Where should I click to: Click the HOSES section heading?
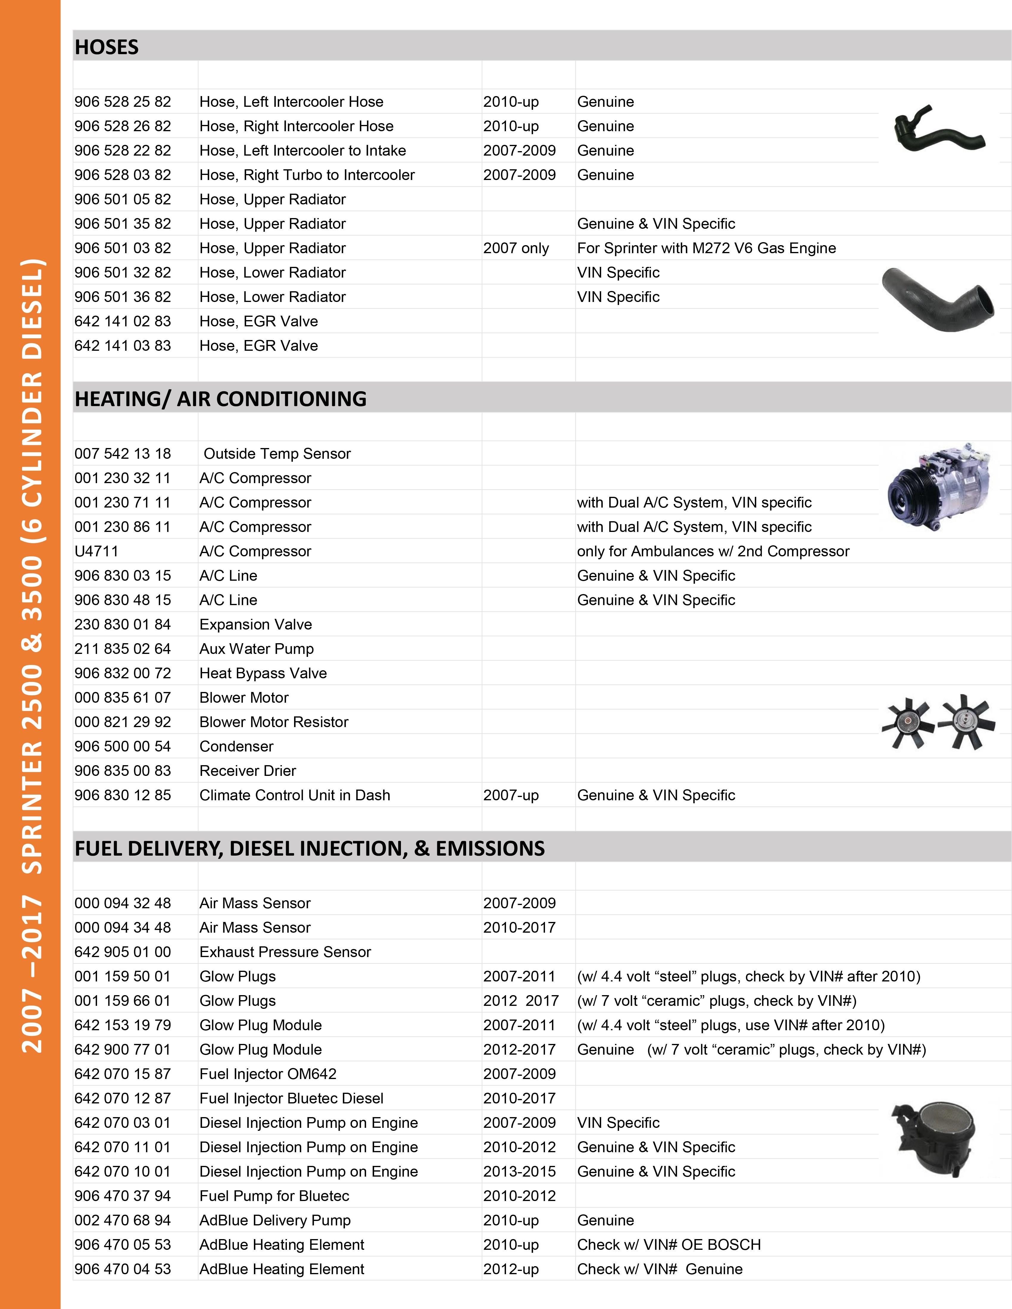pyautogui.click(x=107, y=47)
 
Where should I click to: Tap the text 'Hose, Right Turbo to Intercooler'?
pyautogui.click(x=307, y=175)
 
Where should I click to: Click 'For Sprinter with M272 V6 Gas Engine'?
pyautogui.click(x=706, y=248)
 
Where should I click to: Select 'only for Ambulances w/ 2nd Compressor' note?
pyautogui.click(x=713, y=551)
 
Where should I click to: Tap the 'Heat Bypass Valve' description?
pyautogui.click(x=263, y=673)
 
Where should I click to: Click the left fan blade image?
pyautogui.click(x=908, y=723)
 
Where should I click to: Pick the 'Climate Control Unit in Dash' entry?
pyautogui.click(x=294, y=795)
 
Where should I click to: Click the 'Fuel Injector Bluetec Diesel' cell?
pyautogui.click(x=291, y=1098)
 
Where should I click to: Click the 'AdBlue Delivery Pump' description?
pyautogui.click(x=275, y=1220)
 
